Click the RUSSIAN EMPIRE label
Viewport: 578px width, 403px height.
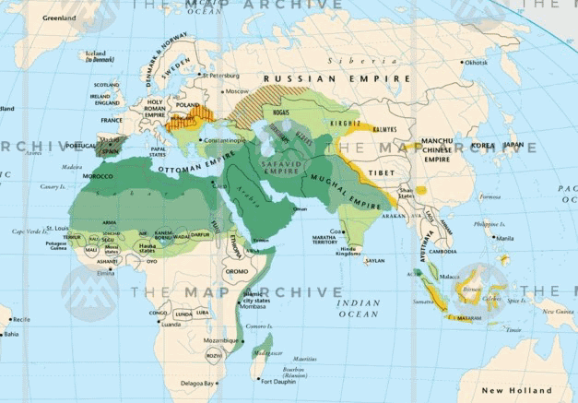click(335, 79)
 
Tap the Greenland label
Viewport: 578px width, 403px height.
click(59, 17)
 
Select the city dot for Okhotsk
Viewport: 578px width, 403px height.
click(461, 63)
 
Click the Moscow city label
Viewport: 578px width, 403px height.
click(238, 91)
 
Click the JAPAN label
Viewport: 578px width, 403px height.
click(513, 145)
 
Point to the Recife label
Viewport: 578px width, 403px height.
click(20, 319)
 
